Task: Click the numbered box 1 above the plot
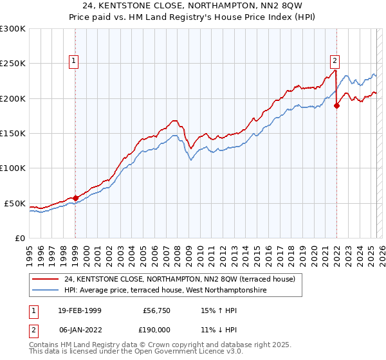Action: [75, 62]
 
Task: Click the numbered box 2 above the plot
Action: [335, 62]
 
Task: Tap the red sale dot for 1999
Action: [75, 198]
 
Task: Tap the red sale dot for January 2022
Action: [336, 106]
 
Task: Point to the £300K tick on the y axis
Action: [13, 29]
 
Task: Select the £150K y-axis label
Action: [13, 134]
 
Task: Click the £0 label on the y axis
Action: [18, 238]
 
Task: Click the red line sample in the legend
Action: [46, 279]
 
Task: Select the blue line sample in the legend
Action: [46, 291]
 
